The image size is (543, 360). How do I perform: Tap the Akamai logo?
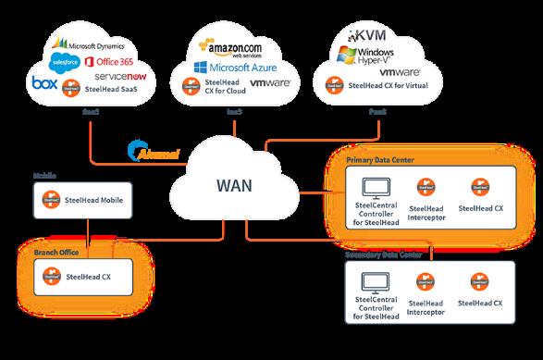point(153,153)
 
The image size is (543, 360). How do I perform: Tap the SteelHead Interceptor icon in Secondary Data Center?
point(426,280)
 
